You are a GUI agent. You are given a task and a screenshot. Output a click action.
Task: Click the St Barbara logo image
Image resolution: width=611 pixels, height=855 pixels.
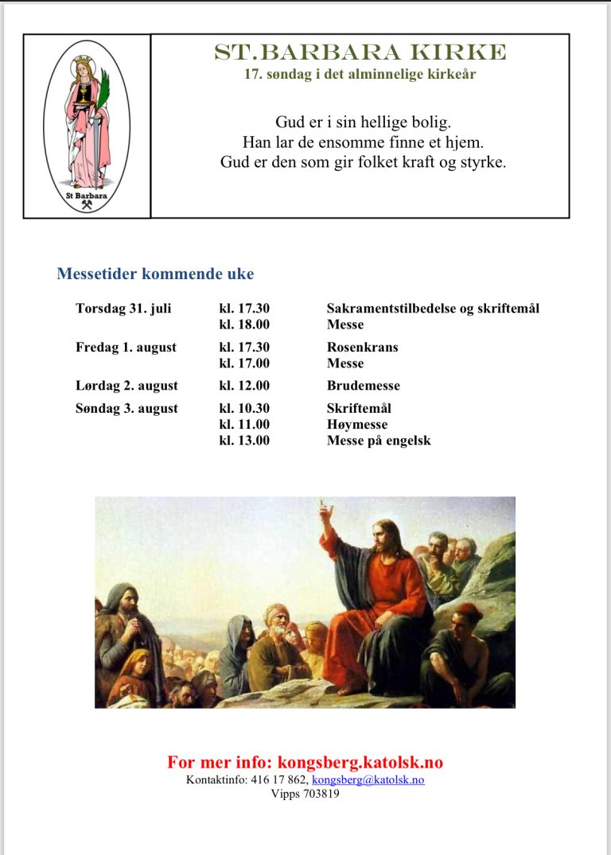click(87, 126)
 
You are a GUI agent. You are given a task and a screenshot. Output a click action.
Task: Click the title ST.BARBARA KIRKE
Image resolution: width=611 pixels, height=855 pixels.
click(360, 52)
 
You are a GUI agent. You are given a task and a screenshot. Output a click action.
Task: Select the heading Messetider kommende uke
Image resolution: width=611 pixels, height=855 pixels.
click(155, 274)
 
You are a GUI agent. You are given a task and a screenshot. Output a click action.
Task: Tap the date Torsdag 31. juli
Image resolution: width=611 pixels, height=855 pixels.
click(123, 309)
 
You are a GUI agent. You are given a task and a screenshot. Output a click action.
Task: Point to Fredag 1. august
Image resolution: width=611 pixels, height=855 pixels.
click(126, 348)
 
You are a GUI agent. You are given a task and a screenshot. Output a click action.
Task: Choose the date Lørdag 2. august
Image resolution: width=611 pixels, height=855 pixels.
click(126, 386)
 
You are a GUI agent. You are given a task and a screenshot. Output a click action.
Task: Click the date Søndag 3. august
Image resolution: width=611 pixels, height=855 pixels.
click(126, 409)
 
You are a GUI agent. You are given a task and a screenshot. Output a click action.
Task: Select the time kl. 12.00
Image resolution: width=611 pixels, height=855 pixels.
click(244, 386)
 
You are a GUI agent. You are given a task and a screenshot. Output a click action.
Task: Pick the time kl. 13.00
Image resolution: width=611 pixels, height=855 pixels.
click(244, 440)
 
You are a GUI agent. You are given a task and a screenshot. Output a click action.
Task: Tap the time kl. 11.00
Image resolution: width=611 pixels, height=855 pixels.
click(244, 425)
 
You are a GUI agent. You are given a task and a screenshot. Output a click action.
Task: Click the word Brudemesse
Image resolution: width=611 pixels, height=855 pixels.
click(363, 386)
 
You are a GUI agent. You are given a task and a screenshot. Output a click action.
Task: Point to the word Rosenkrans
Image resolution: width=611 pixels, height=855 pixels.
click(362, 348)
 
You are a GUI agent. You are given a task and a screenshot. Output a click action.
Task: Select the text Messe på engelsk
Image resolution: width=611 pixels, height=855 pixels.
click(379, 440)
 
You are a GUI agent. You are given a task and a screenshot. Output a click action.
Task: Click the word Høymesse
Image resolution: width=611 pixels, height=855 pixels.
click(357, 425)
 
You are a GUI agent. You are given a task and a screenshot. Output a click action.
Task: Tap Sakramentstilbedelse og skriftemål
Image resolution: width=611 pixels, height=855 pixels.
click(433, 309)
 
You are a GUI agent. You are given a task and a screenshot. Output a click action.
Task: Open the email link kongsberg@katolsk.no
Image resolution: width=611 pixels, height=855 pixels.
click(368, 780)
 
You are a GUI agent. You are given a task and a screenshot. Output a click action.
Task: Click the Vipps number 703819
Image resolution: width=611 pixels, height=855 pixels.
click(321, 794)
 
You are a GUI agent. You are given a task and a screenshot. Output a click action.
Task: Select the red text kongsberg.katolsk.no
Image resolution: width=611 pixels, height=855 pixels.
click(360, 763)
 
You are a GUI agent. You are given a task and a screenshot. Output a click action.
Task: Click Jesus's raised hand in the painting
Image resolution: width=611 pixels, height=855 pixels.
click(325, 509)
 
